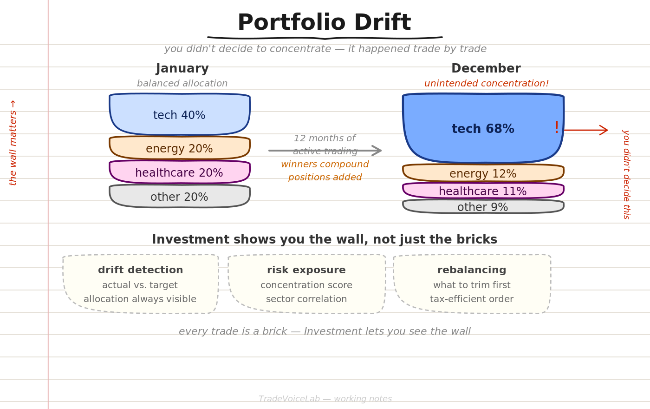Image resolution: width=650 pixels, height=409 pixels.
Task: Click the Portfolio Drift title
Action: click(325, 22)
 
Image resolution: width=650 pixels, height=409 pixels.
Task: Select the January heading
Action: click(182, 69)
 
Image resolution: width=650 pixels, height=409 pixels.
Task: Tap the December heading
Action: click(486, 69)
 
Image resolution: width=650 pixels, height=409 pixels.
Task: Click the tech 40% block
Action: click(180, 114)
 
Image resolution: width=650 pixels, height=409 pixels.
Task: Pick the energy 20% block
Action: click(180, 148)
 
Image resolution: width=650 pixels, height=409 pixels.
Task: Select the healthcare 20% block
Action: click(180, 172)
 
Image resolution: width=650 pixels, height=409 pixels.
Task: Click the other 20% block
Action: click(180, 196)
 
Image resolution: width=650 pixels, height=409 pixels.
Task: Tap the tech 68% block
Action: click(483, 128)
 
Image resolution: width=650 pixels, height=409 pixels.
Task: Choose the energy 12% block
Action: click(483, 173)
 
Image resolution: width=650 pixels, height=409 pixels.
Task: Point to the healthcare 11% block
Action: click(483, 191)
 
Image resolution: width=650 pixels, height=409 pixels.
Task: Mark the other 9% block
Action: click(483, 206)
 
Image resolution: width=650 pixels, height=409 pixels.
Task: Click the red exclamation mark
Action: click(557, 127)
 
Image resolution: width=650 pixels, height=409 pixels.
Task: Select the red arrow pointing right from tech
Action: click(585, 130)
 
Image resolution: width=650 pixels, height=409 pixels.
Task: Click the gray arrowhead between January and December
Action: click(377, 151)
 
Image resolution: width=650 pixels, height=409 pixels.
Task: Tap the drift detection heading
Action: click(140, 270)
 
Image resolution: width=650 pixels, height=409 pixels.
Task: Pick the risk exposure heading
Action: click(306, 270)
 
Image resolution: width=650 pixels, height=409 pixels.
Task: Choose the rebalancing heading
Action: click(472, 270)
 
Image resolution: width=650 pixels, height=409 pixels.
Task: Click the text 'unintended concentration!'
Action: click(487, 83)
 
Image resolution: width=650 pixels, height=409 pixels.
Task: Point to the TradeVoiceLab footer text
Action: click(325, 399)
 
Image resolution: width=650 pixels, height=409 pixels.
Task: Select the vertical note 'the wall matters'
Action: click(13, 143)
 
